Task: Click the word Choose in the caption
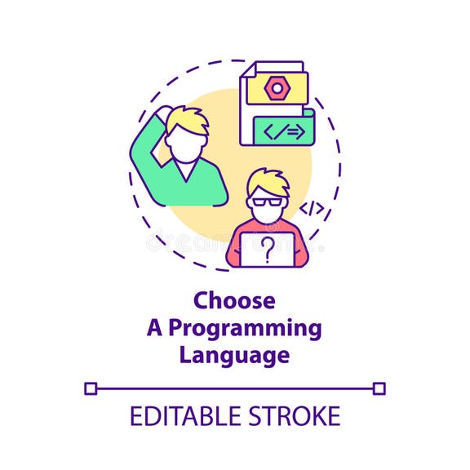[x=234, y=300]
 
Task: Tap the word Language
[x=234, y=356]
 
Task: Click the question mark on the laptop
[x=267, y=250]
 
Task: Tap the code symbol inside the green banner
[x=287, y=131]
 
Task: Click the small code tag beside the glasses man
[x=311, y=210]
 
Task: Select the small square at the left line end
[x=91, y=389]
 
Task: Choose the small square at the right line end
[x=379, y=389]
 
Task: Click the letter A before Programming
[x=153, y=328]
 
